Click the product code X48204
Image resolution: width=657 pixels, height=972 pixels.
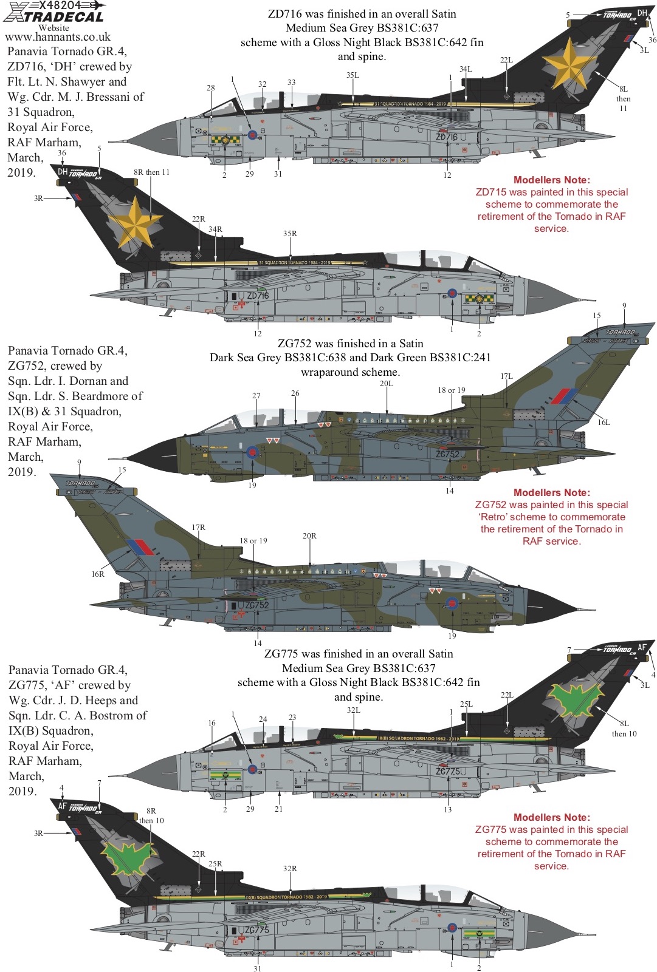60,5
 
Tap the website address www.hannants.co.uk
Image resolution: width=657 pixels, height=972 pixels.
58,38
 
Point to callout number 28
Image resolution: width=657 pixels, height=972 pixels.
211,88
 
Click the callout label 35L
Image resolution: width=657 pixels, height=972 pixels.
353,75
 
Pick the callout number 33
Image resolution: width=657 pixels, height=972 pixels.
292,83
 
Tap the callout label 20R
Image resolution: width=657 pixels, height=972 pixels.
309,536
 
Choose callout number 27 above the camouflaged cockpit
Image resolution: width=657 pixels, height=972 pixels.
256,396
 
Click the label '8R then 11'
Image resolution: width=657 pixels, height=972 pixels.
152,172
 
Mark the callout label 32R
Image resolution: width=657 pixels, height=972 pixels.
290,869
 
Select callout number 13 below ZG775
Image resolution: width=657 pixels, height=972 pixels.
448,809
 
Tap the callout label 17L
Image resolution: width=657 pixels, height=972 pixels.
506,376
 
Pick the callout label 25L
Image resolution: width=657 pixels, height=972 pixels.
466,704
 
